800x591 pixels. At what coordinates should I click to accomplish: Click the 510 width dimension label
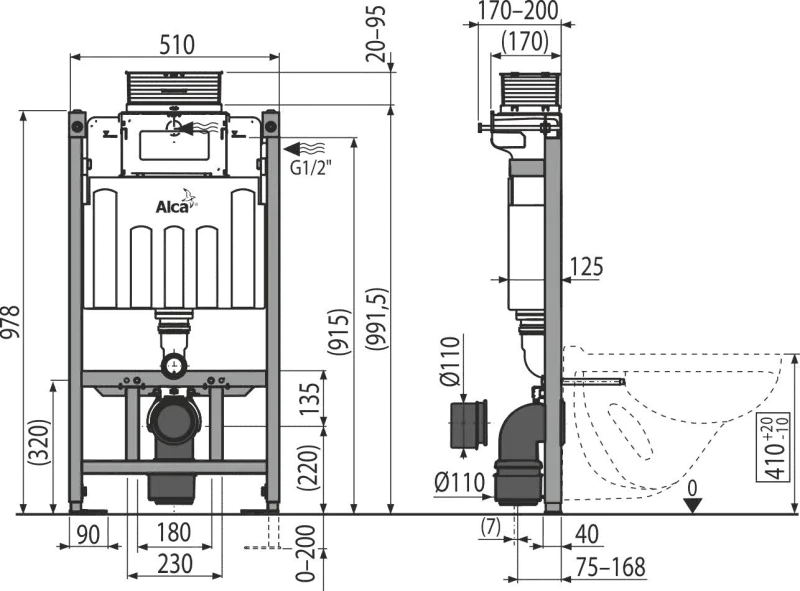coord(177,44)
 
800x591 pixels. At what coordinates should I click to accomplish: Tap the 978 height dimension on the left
coord(10,322)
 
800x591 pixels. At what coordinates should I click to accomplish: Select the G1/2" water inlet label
coord(311,168)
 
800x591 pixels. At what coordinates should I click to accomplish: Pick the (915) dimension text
coord(340,332)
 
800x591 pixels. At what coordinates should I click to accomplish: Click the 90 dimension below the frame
coord(89,533)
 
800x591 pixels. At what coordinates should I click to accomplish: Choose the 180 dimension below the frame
coord(173,532)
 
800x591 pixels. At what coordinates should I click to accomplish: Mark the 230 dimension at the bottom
coord(174,564)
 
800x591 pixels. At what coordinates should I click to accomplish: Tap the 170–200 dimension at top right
coord(518,11)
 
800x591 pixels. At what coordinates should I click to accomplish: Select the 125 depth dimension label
coord(586,267)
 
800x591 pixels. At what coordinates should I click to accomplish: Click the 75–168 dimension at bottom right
coord(611,567)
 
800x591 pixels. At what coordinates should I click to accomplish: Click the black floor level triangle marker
coord(693,505)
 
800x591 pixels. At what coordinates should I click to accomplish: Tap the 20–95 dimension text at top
coord(378,34)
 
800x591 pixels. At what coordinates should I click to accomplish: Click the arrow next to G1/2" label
coord(304,149)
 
